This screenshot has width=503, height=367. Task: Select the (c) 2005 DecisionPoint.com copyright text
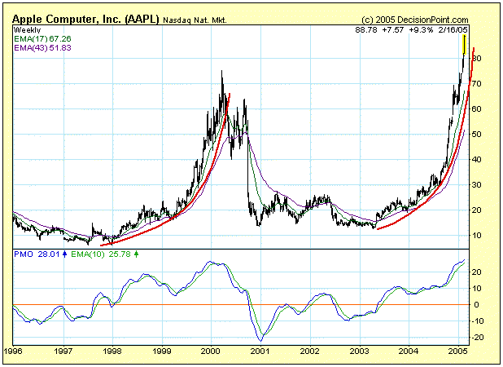point(415,19)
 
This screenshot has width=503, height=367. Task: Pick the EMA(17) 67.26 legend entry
point(42,38)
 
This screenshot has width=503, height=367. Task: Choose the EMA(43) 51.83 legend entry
point(42,48)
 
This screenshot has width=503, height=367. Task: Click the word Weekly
point(27,29)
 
